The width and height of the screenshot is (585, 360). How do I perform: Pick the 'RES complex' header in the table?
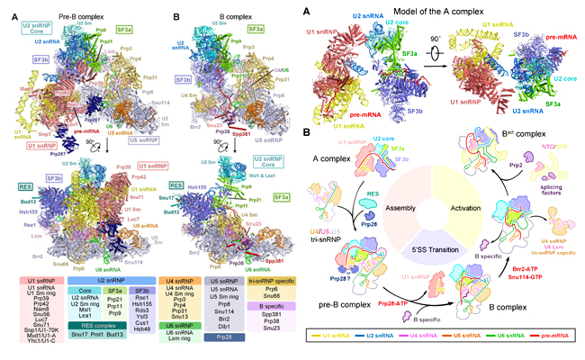[121, 313]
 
